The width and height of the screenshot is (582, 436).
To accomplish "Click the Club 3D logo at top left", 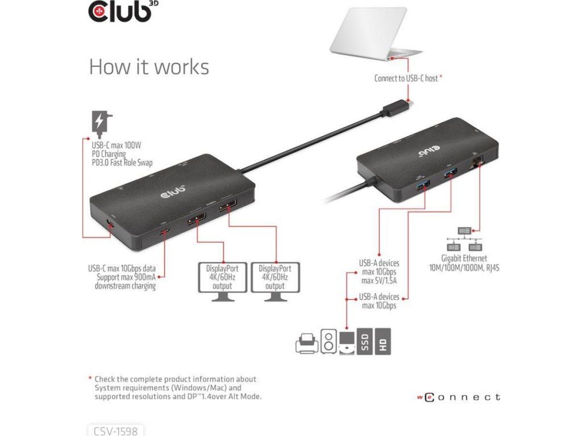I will point(121,12).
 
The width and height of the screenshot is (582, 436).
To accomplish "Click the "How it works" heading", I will point(149,67).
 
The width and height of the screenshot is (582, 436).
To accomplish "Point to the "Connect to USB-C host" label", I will point(406,78).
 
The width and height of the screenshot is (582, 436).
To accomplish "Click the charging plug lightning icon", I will point(100,121).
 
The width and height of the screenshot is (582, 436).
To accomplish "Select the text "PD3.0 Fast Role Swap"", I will point(122,162).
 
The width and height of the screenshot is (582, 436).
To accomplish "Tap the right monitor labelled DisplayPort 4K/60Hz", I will point(275,278).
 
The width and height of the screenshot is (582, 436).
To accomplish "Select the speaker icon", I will point(328,341).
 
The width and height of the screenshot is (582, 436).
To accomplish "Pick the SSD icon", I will point(365,341).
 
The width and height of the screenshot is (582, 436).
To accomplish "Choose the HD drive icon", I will point(383,341).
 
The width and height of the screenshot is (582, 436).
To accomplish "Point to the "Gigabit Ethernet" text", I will point(463,258).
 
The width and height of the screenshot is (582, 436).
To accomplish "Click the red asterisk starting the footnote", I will point(90,378).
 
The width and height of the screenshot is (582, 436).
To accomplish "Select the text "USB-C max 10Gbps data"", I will point(122,268).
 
